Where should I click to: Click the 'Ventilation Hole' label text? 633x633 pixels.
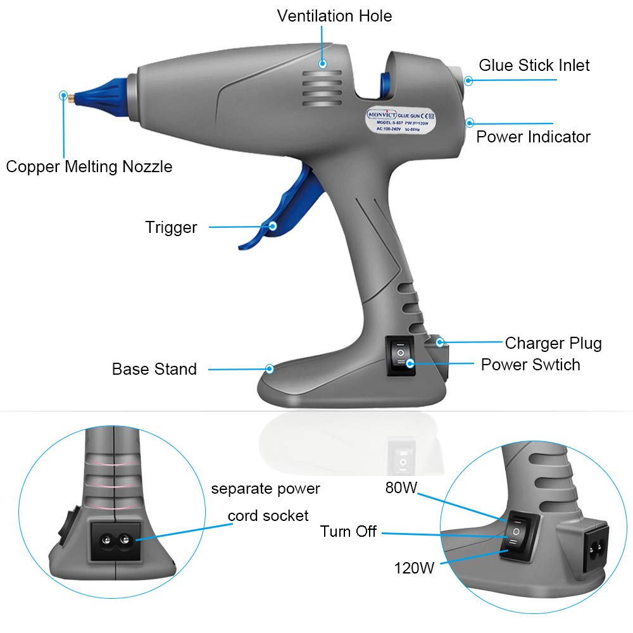click(334, 16)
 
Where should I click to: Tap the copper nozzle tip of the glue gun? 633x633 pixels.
click(72, 97)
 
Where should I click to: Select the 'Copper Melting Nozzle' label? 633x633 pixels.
click(89, 166)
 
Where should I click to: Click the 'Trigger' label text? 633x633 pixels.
click(171, 227)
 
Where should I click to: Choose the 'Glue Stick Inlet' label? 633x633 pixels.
click(534, 65)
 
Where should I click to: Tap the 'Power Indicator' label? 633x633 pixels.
click(533, 137)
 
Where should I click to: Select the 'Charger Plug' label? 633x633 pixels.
click(553, 343)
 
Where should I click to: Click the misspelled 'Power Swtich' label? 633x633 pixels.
click(530, 365)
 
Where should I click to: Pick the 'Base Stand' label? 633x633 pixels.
click(154, 369)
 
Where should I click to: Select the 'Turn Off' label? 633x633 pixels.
click(348, 532)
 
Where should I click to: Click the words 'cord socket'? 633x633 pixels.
click(268, 516)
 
